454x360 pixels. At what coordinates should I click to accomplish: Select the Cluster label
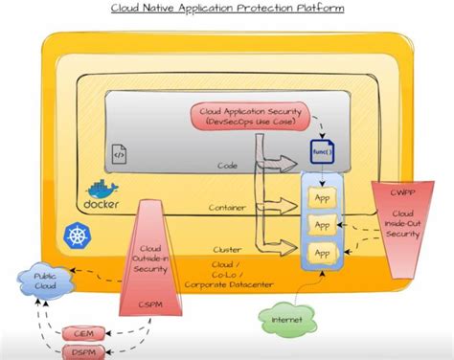click(x=226, y=248)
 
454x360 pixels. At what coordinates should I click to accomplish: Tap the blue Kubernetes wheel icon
click(x=77, y=234)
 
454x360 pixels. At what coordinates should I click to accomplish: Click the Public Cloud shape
click(x=39, y=281)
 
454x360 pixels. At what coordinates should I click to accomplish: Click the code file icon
click(x=121, y=150)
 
